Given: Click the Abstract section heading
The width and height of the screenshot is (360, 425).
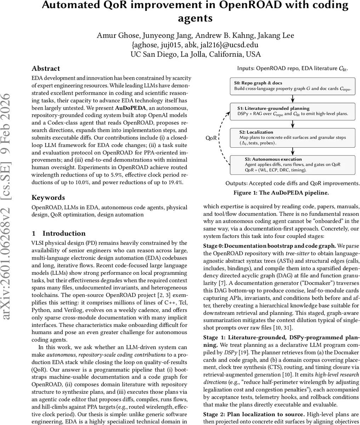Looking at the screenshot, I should (x=46, y=69).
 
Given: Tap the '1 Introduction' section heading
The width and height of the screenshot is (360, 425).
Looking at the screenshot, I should (x=58, y=233).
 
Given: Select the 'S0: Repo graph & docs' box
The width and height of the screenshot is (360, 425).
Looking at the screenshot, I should (x=292, y=86).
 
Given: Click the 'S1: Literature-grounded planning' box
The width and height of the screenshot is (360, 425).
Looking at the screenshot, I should (x=292, y=111).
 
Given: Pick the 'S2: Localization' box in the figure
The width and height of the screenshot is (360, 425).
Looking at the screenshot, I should (x=292, y=137).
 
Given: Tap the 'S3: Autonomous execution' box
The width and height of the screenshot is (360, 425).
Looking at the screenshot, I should (x=292, y=165).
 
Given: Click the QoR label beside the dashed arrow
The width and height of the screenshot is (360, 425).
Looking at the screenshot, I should (x=211, y=138).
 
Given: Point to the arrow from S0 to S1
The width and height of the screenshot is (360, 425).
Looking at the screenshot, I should (x=292, y=99).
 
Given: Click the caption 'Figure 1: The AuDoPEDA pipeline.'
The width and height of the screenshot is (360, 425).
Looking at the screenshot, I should (x=281, y=193).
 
